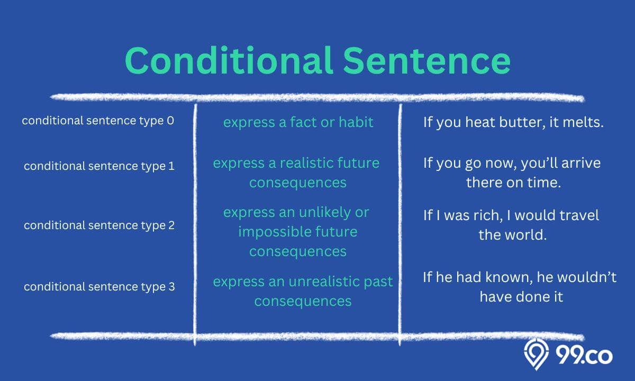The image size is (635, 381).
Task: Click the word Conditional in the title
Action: (229, 60)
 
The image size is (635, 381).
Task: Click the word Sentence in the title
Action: (427, 60)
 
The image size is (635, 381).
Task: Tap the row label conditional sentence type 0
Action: (98, 121)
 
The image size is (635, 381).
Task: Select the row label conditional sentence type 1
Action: (99, 166)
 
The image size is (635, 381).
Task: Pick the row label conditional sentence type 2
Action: (99, 225)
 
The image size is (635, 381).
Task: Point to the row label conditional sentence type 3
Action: (99, 287)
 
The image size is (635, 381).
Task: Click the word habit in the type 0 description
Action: (356, 122)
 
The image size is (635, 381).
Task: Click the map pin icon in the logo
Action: (536, 355)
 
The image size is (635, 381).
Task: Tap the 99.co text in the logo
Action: (584, 356)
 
